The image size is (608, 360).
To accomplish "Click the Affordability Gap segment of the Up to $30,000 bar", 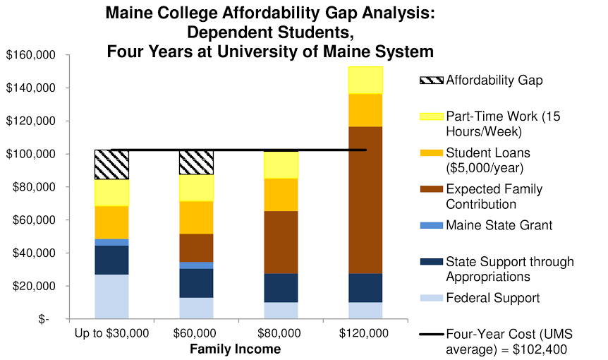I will click(111, 164).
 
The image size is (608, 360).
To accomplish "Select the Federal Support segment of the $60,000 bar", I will click(196, 308).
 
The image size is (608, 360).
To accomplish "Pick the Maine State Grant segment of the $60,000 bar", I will click(196, 265).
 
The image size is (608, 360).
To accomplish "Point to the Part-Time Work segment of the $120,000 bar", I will click(365, 80).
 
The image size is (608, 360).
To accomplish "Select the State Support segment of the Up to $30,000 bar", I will click(111, 260).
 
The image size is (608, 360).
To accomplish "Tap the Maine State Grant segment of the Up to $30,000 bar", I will click(111, 242).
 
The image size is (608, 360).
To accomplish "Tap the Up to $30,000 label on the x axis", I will click(111, 333).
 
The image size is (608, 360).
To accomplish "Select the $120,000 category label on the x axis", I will click(365, 333).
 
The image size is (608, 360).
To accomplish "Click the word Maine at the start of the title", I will click(128, 13).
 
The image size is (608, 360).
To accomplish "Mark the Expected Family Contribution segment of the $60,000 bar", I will click(196, 248).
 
